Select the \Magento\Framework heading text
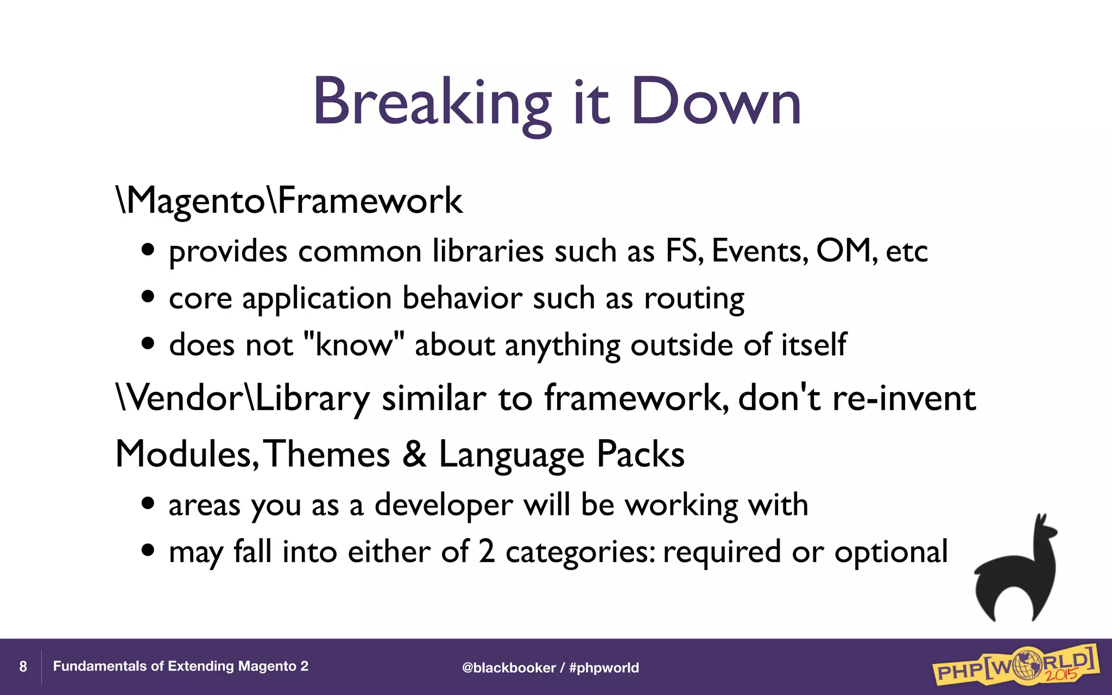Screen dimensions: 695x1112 pos(290,201)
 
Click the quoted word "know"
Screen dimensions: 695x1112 pos(354,345)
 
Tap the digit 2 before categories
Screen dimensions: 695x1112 pos(486,552)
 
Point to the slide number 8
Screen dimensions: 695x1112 pos(23,667)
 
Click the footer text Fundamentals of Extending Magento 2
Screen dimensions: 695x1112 pos(180,666)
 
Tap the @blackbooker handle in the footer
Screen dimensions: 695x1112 pos(508,668)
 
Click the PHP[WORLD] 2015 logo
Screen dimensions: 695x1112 pos(1015,665)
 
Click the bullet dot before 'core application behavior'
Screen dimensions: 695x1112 pos(148,298)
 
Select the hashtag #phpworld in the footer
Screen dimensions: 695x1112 pos(604,668)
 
